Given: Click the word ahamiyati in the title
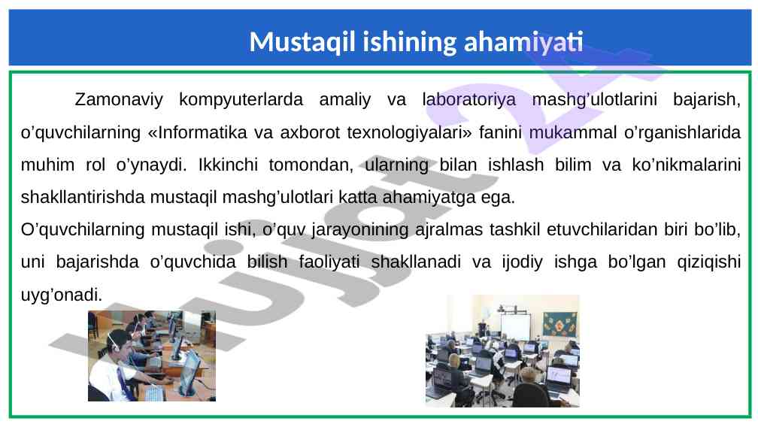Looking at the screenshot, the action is coord(523,41).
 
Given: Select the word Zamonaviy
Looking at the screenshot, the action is coord(119,100).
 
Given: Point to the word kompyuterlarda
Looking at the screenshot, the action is coord(241,100).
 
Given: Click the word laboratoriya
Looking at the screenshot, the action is coord(469,99).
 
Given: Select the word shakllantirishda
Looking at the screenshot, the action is coord(83,197).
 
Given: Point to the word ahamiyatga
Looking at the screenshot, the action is coord(429,198).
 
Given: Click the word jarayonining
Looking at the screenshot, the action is coord(360,230).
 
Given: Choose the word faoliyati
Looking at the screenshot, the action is coord(329,262).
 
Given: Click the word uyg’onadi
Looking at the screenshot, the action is coord(62,295).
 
